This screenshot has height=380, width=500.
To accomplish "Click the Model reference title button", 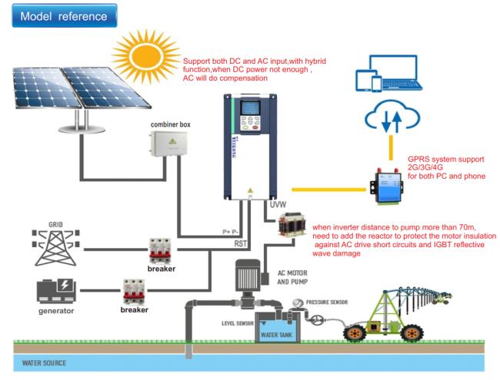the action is (x=65, y=15).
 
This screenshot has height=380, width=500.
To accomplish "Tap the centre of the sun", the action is (x=147, y=57).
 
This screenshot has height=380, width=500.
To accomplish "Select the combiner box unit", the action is (x=168, y=144).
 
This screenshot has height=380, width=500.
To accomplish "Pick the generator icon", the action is (x=56, y=291).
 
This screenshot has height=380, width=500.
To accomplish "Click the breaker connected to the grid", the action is (x=160, y=251).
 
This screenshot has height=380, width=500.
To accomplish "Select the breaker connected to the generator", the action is (x=134, y=292).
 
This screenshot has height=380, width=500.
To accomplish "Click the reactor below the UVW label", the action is (x=291, y=225).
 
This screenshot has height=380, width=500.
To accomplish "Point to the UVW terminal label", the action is (x=278, y=205).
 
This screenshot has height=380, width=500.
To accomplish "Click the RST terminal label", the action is (x=241, y=244).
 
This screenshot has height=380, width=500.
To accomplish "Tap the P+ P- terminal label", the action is (x=231, y=232).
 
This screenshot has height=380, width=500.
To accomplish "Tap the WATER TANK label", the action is (x=276, y=335).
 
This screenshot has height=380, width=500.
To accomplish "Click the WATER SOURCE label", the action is (x=45, y=363).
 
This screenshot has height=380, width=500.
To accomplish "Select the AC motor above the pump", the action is (x=248, y=274).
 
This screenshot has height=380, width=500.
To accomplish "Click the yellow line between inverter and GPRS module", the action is (x=328, y=190).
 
